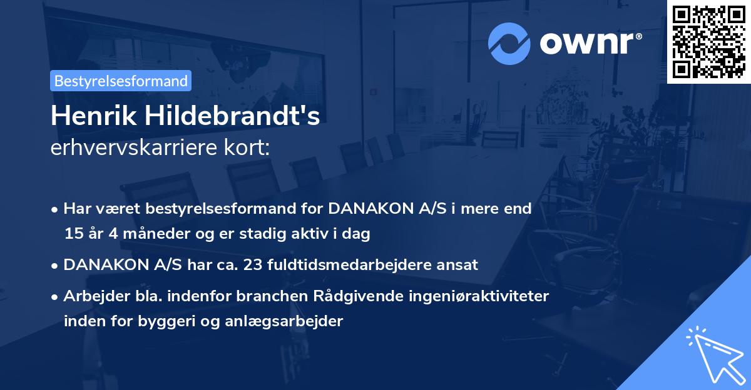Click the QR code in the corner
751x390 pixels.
tap(708, 42)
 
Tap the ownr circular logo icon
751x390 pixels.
tap(509, 44)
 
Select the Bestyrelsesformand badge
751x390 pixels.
tap(121, 81)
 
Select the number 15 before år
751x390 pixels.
tap(72, 234)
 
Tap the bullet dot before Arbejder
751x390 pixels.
tap(56, 297)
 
